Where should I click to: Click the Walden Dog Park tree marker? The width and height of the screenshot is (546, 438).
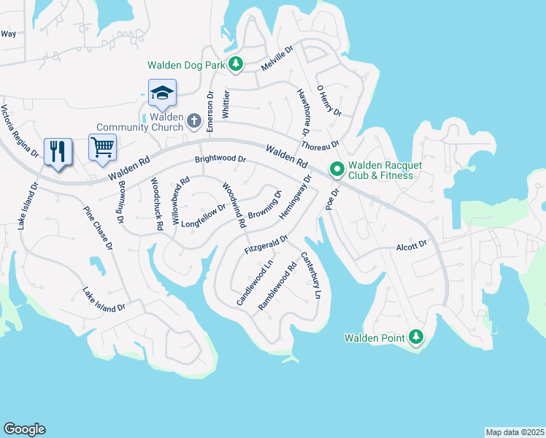pos(235,65)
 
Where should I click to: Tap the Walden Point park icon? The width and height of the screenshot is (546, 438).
pos(415,337)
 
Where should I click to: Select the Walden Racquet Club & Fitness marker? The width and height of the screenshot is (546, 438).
pos(337,169)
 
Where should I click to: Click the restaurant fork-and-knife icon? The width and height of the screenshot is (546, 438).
pos(58,151)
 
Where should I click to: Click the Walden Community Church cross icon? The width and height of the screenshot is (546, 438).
pos(193,120)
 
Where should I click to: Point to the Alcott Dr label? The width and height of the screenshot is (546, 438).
pos(412,246)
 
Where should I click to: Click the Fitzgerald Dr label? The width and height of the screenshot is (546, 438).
pos(266,244)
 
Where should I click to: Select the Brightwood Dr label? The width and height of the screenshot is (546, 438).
pos(220,158)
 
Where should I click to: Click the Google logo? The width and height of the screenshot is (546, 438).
pos(24,429)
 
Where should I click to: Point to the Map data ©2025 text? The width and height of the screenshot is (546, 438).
pos(515,432)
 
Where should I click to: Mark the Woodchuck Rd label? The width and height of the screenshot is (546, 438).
pos(156,204)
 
